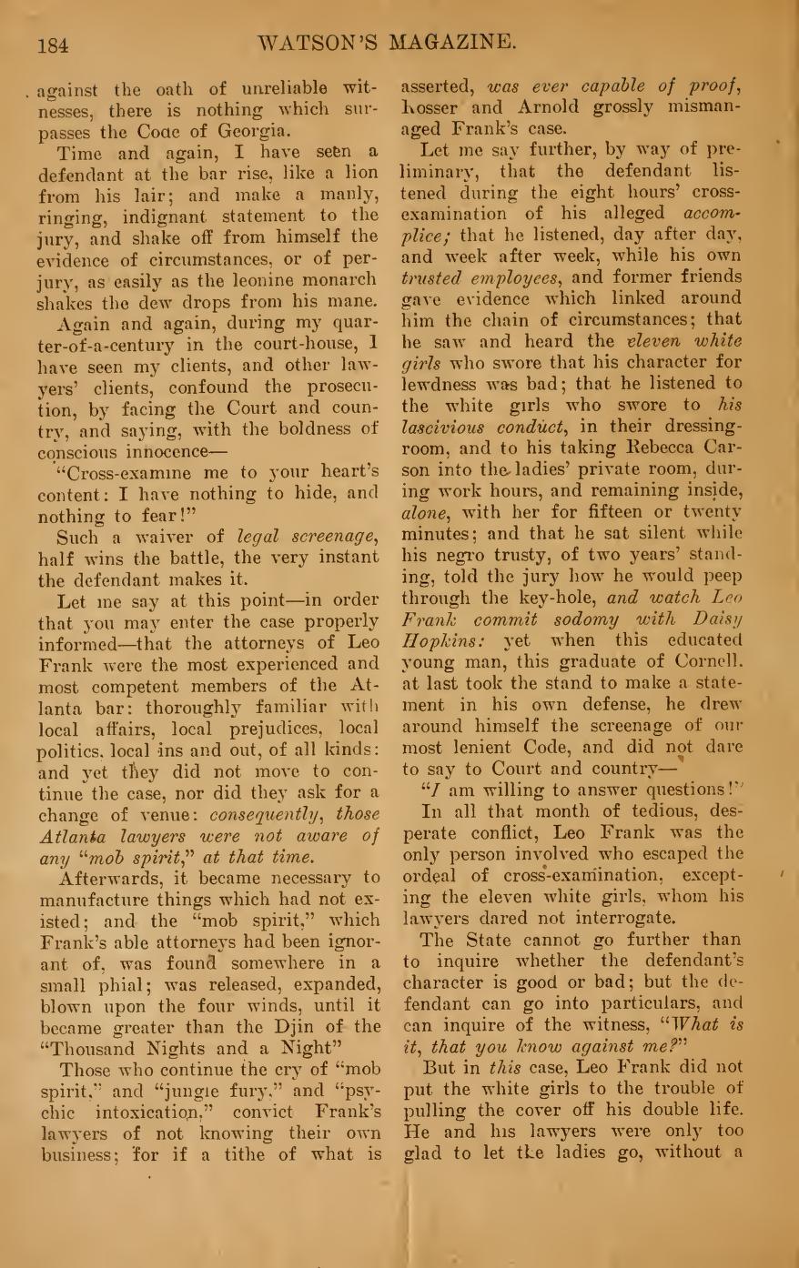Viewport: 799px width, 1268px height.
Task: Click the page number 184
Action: coord(54,44)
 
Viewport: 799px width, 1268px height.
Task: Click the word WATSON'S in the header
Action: coord(317,42)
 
